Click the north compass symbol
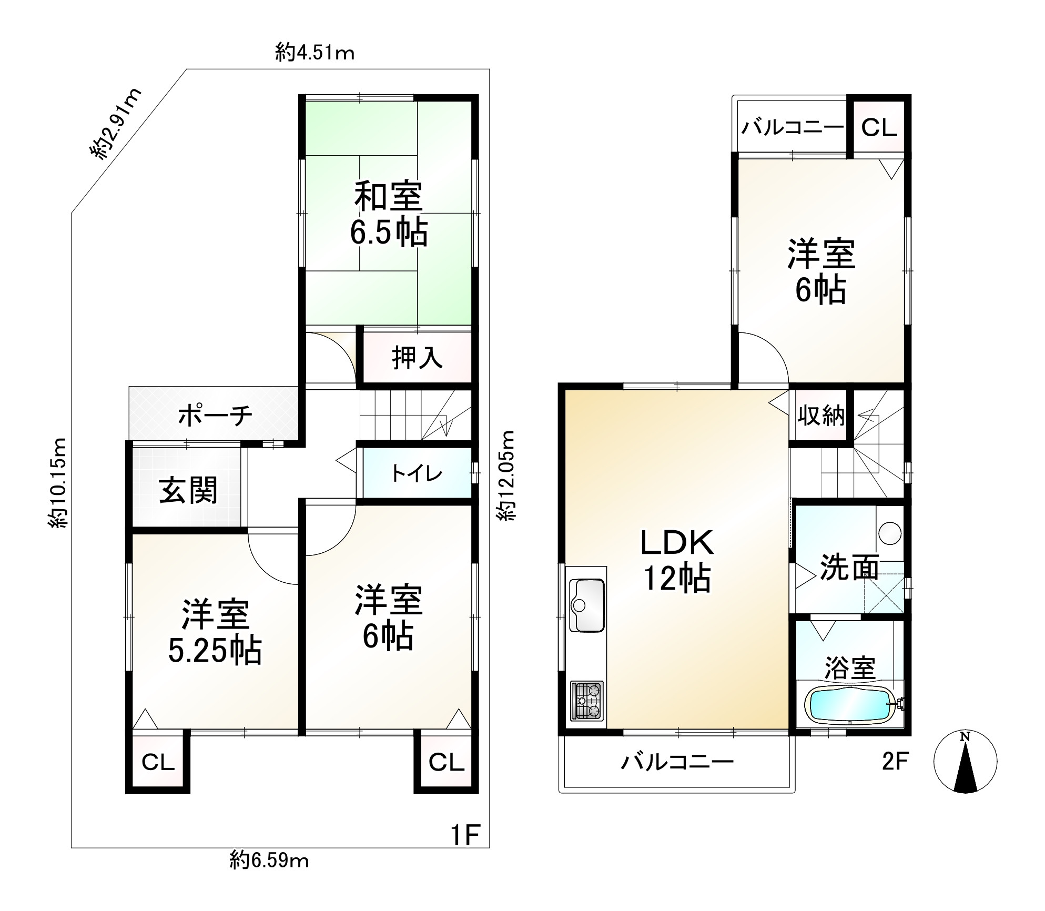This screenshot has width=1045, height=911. pos(965,761)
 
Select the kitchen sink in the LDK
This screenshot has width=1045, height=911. pos(587,605)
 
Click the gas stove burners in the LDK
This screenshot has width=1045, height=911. pos(587,700)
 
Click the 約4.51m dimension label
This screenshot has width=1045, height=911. pos(314,53)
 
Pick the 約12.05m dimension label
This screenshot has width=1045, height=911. pos(507,475)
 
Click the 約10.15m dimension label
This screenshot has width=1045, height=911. pos(57,483)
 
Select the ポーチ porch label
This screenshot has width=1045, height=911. pos(216,416)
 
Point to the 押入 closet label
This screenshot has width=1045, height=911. pos(418,358)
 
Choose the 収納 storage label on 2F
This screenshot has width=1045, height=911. pos(821,416)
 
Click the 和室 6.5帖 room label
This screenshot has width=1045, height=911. pos(389,214)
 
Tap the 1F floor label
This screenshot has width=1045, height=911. pos(465,835)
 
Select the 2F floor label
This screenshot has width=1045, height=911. pos(895,761)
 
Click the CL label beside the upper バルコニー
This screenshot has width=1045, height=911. pos(879,128)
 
